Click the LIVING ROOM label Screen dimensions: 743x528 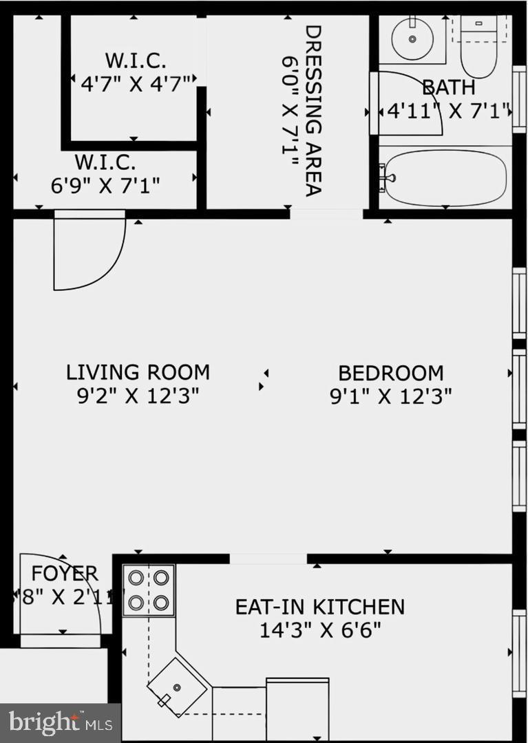pyautogui.click(x=138, y=372)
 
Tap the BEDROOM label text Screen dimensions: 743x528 pyautogui.click(x=390, y=373)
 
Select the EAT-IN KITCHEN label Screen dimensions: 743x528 pyautogui.click(x=319, y=607)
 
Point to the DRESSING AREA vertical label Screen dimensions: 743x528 pyautogui.click(x=313, y=110)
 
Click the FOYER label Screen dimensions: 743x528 pyautogui.click(x=64, y=573)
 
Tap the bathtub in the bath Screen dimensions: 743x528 pyautogui.click(x=446, y=177)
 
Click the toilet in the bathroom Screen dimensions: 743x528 pyautogui.click(x=478, y=55)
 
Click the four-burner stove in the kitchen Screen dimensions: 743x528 pyautogui.click(x=149, y=590)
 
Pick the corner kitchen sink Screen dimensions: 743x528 pyautogui.click(x=178, y=687)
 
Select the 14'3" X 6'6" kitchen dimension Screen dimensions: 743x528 pyautogui.click(x=320, y=629)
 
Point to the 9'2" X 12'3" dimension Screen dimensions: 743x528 pyautogui.click(x=138, y=396)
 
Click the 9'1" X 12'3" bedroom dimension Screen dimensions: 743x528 pyautogui.click(x=390, y=396)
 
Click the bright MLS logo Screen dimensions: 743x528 pyautogui.click(x=60, y=722)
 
